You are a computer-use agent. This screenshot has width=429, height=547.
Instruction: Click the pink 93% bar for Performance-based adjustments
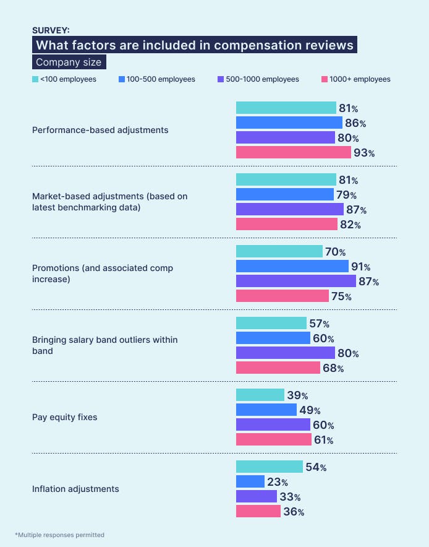click(x=293, y=152)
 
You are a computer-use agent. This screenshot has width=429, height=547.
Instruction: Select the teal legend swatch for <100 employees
click(x=35, y=79)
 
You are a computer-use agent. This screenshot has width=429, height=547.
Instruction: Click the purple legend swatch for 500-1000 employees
click(x=221, y=79)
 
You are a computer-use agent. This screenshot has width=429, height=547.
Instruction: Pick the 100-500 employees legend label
click(x=161, y=79)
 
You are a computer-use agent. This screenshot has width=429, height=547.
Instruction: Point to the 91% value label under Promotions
click(x=360, y=267)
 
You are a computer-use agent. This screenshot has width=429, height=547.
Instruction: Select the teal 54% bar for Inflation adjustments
click(x=269, y=467)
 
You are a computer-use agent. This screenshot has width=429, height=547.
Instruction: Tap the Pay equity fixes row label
click(x=65, y=417)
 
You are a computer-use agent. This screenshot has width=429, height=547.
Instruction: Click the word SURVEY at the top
click(x=51, y=30)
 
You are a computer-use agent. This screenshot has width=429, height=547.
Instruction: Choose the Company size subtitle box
click(x=69, y=62)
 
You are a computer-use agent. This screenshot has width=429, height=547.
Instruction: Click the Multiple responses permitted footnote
click(x=59, y=535)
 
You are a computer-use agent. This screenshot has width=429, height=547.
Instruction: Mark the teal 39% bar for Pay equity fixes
click(x=260, y=395)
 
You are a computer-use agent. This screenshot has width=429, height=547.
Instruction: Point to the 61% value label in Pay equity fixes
click(x=324, y=440)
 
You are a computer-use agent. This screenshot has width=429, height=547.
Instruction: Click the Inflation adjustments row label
click(x=75, y=489)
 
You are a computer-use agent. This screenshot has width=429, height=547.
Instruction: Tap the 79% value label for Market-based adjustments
click(x=347, y=195)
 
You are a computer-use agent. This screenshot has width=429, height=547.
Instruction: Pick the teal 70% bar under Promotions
click(x=279, y=252)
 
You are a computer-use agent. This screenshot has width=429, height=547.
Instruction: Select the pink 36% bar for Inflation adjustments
click(x=258, y=511)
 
